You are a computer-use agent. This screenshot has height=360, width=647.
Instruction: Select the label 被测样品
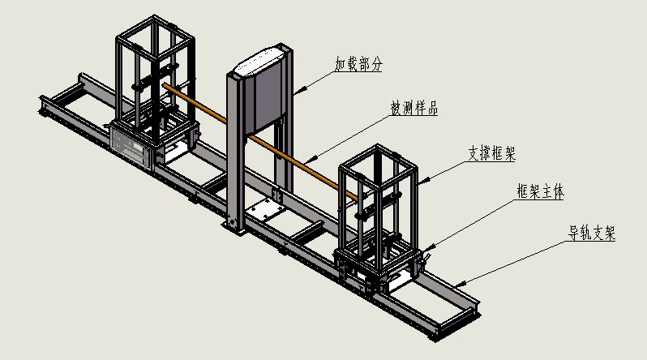414,108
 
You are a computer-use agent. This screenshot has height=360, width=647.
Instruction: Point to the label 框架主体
541,191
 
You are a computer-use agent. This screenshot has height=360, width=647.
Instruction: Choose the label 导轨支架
591,234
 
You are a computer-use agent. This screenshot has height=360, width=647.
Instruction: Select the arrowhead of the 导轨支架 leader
456,286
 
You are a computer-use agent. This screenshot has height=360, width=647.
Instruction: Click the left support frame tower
154,81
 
